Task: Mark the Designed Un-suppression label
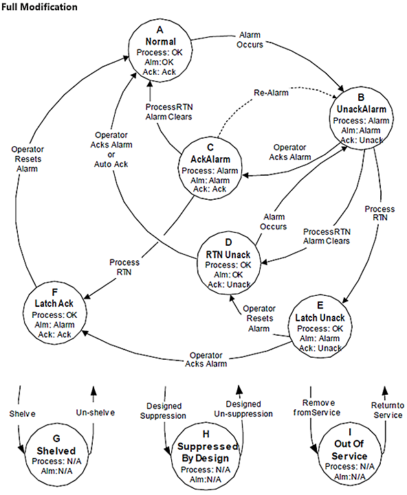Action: (x=241, y=411)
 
